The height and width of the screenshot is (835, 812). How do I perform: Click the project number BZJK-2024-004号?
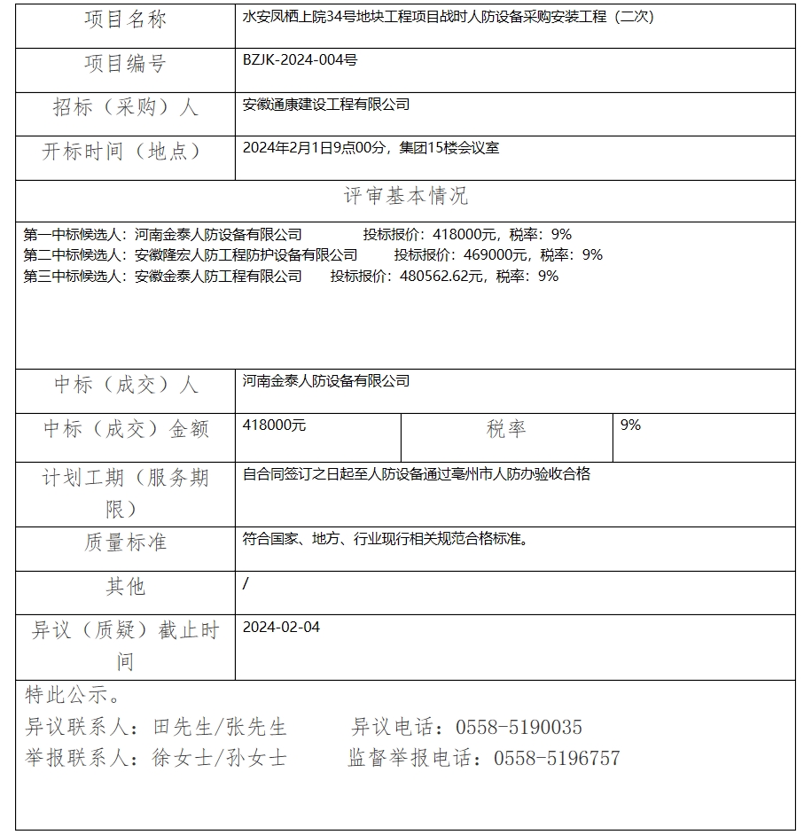point(300,60)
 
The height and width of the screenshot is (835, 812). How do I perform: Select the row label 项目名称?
point(125,20)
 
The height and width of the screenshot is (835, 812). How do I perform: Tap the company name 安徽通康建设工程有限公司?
point(325,105)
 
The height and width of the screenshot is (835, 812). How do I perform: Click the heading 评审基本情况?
point(405,196)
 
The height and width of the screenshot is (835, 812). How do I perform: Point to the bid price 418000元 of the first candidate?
point(464,235)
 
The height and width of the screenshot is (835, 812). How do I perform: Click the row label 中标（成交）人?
point(125,386)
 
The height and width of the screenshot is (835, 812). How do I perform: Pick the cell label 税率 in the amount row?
point(506,430)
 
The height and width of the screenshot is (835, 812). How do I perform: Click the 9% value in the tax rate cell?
point(630,425)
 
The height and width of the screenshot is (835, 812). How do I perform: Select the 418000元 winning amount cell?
point(274,425)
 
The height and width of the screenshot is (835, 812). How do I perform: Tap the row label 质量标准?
point(125,542)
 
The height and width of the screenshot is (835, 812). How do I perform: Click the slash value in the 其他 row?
point(246,583)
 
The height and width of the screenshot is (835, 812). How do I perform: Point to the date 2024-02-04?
point(281,628)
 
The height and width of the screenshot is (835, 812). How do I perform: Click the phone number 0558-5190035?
point(519,728)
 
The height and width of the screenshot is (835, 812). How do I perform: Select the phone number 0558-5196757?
point(557,759)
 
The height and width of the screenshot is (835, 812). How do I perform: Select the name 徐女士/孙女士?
point(219,759)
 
